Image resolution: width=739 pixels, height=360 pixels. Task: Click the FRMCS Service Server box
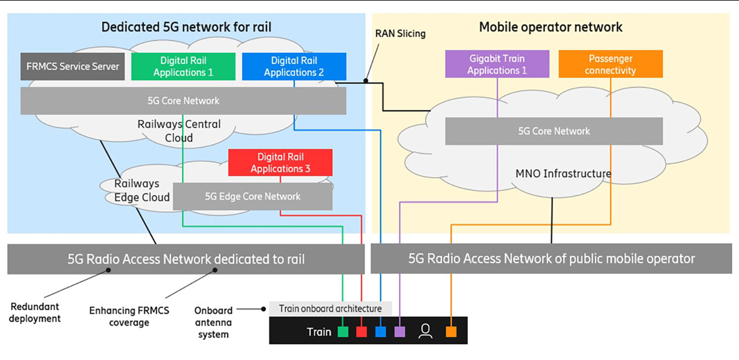pyautogui.click(x=72, y=66)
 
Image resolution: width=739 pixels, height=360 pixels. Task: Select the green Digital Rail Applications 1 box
pyautogui.click(x=183, y=66)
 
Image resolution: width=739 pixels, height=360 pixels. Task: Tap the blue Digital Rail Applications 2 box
pyautogui.click(x=294, y=66)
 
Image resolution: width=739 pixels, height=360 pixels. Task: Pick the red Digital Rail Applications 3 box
pyautogui.click(x=280, y=163)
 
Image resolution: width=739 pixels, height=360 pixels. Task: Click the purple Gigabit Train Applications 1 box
pyautogui.click(x=497, y=64)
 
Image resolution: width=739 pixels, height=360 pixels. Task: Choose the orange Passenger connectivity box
pyautogui.click(x=610, y=64)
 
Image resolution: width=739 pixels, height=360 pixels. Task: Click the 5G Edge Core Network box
pyautogui.click(x=252, y=196)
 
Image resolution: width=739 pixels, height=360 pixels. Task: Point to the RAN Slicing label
pyautogui.click(x=400, y=34)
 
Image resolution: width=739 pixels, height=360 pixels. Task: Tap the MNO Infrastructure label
pyautogui.click(x=563, y=174)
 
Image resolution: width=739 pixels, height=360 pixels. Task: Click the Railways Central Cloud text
pyautogui.click(x=179, y=131)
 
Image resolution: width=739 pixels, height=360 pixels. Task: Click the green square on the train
pyautogui.click(x=343, y=331)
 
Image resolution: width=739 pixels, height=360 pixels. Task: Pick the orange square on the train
pyautogui.click(x=451, y=331)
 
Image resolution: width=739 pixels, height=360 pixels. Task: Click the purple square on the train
pyautogui.click(x=400, y=331)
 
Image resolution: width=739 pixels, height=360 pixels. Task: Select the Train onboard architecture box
pyautogui.click(x=330, y=309)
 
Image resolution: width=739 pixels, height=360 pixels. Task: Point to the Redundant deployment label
pyautogui.click(x=34, y=313)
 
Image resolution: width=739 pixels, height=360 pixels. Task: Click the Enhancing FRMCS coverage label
pyautogui.click(x=129, y=317)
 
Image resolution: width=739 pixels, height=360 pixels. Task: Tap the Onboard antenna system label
pyautogui.click(x=213, y=323)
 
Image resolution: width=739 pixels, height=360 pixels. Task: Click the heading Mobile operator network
pyautogui.click(x=550, y=27)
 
